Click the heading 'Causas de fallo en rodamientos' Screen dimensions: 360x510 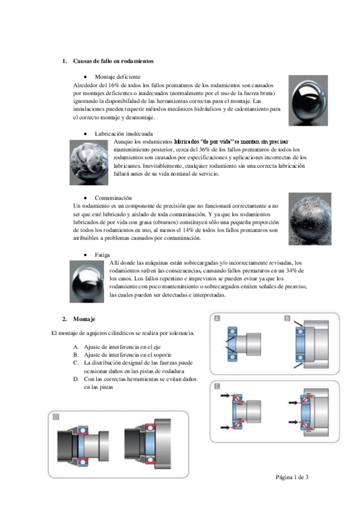pyautogui.click(x=114, y=61)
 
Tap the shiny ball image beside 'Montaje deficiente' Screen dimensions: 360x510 pyautogui.click(x=308, y=100)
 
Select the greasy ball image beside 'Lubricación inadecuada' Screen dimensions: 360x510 pyautogui.click(x=89, y=162)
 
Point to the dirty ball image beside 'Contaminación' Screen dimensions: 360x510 pyautogui.click(x=310, y=219)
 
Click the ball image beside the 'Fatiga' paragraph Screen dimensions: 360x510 pyautogui.click(x=87, y=281)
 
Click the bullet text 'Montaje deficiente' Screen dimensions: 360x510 pyautogui.click(x=118, y=77)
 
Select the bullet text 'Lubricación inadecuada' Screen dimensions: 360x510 pyautogui.click(x=124, y=134)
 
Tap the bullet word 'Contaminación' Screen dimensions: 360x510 pyautogui.click(x=114, y=198)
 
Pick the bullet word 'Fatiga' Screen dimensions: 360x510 pyautogui.click(x=102, y=254)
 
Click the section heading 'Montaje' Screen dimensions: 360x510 pyautogui.click(x=84, y=319)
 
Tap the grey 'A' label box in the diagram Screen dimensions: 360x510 pyautogui.click(x=217, y=318)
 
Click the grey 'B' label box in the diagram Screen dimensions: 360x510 pyautogui.click(x=287, y=318)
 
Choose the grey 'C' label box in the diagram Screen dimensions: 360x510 pyautogui.click(x=217, y=386)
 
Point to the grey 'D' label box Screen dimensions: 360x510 pyautogui.click(x=56, y=417)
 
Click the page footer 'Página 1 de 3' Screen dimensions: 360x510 pyautogui.click(x=292, y=477)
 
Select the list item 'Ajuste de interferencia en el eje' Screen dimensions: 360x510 pyautogui.click(x=122, y=347)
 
